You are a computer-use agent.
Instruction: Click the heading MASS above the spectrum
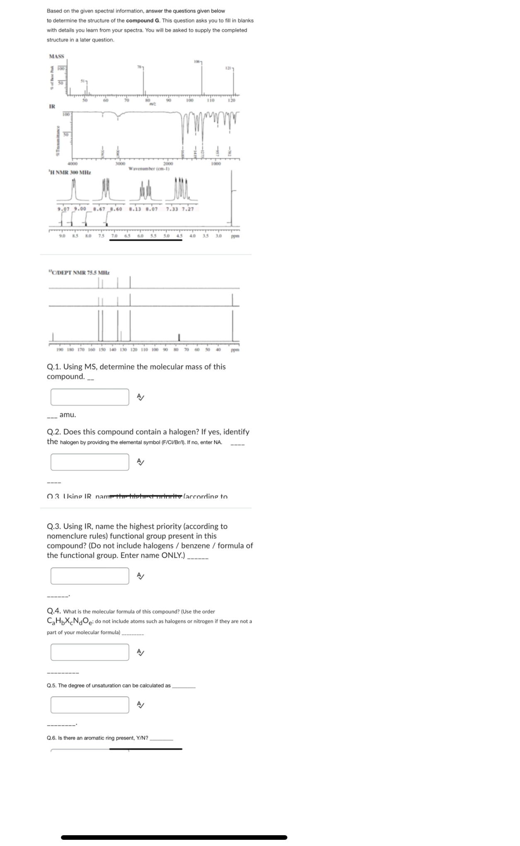click(56, 56)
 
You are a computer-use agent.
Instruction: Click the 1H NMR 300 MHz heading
click(69, 172)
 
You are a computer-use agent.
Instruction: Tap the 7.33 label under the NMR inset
click(171, 209)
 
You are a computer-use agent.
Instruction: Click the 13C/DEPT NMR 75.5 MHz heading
click(79, 272)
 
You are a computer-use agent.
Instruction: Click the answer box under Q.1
click(90, 397)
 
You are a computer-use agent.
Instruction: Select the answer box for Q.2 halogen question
click(90, 462)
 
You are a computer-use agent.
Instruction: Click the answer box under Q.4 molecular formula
click(90, 652)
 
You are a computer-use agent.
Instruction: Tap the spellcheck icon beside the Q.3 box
click(141, 576)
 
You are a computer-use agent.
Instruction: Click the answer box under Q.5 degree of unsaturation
click(90, 705)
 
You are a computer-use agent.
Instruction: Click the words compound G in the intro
click(143, 20)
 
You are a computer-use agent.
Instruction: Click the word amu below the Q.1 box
click(68, 415)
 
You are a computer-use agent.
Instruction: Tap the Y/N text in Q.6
click(142, 738)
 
